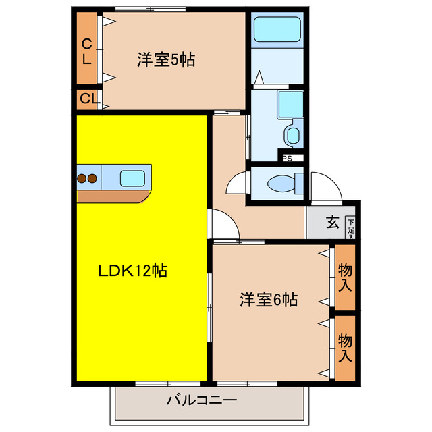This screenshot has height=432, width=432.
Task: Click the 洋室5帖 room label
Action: [x=166, y=60]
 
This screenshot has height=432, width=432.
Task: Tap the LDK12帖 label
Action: [x=133, y=271]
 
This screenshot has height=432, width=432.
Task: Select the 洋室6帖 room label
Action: [x=268, y=299]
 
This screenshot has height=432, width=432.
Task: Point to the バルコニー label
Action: [x=202, y=400]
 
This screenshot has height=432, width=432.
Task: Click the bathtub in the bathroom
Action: [x=276, y=30]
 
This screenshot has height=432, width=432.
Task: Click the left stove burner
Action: [x=82, y=179]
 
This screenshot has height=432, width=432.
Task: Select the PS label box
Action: [x=288, y=159]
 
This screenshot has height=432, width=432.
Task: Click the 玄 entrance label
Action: [x=333, y=222]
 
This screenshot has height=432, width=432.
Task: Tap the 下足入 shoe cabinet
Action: [x=351, y=226]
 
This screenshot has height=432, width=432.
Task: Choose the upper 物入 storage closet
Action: [x=345, y=277]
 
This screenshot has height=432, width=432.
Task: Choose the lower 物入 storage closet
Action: [x=345, y=348]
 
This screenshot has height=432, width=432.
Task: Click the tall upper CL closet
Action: [x=87, y=50]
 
